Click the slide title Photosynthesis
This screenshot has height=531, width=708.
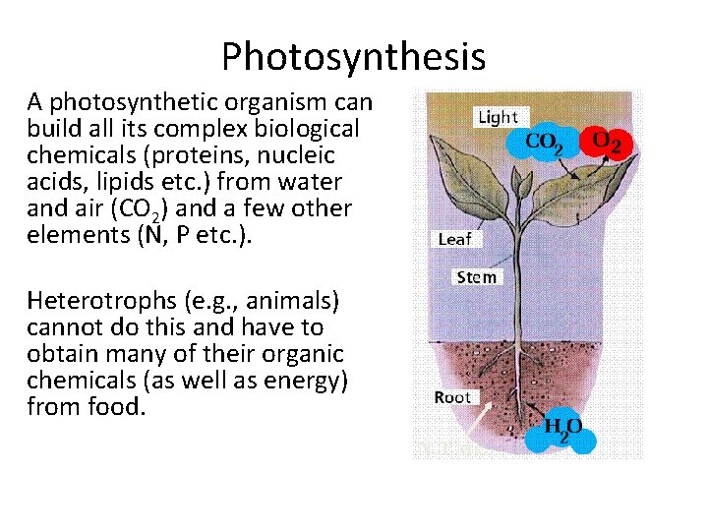tap(353, 56)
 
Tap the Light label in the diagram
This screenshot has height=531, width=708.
tap(497, 117)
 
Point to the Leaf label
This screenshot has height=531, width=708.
tap(454, 239)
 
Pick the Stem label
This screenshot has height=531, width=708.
tap(476, 277)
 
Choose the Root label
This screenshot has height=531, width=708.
tap(452, 397)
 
